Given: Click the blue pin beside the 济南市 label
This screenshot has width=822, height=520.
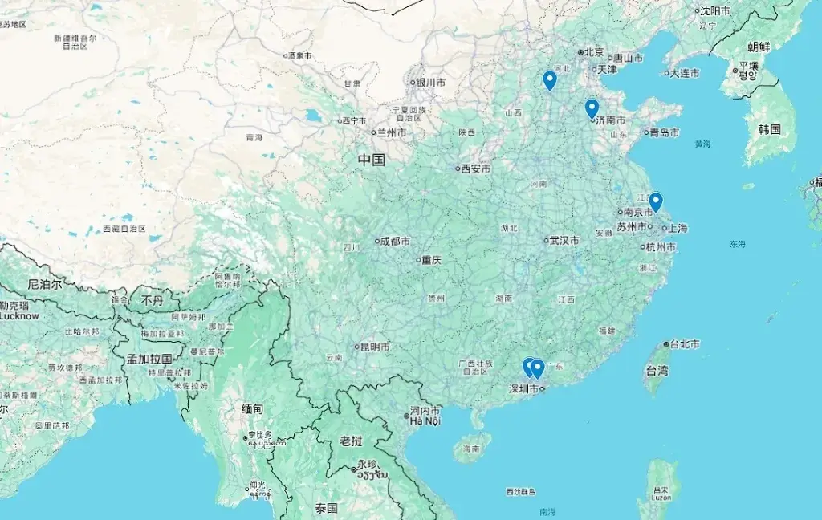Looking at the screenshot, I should (x=592, y=108).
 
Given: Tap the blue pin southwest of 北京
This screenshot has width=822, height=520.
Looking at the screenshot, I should (x=550, y=80).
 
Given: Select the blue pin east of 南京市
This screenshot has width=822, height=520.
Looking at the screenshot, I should (x=656, y=201).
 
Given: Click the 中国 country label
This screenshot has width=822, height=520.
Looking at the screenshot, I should (x=372, y=160).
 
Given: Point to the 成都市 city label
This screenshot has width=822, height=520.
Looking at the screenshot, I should (x=395, y=241).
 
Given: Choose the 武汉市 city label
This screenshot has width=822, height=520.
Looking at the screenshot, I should (x=564, y=240).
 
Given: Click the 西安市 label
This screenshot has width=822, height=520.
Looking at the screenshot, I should (x=475, y=169).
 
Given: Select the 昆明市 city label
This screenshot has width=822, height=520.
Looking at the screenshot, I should (x=375, y=347).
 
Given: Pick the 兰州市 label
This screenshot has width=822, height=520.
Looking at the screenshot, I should (x=392, y=132).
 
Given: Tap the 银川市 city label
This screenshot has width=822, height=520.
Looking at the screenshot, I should (x=430, y=82).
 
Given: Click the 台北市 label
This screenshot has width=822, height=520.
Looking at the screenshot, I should (x=684, y=343).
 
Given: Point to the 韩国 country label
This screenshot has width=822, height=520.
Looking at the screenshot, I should (x=769, y=128).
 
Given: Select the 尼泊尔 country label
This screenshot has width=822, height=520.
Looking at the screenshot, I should (x=44, y=284).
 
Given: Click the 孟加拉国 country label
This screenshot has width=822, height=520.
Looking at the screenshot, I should (x=149, y=359).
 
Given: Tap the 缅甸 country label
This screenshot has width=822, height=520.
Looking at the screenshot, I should (x=252, y=408).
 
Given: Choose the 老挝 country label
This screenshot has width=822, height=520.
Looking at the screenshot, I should (x=351, y=441).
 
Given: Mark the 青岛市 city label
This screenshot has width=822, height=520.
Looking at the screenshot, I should (x=665, y=132).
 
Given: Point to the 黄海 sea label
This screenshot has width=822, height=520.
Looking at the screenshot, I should (x=703, y=144).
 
